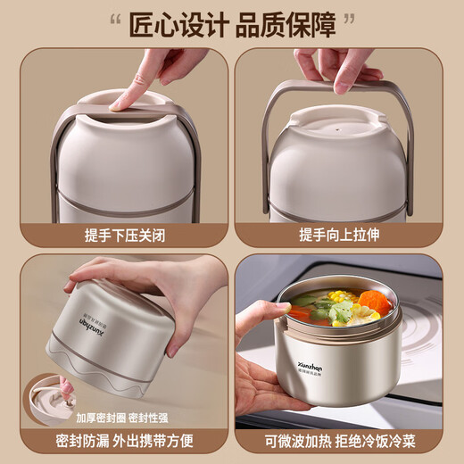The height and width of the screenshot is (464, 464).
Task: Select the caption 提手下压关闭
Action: pyautogui.click(x=117, y=234)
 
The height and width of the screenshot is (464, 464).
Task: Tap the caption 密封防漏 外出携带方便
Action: pyautogui.click(x=117, y=442)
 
